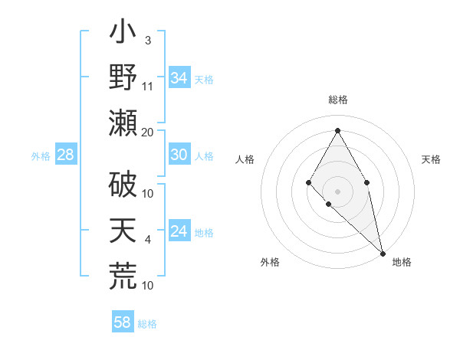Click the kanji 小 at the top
pos(123,34)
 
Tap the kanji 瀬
pos(123,123)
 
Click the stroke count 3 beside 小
pos(147,40)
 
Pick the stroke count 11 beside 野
pos(148,86)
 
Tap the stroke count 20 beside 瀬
pos(148,132)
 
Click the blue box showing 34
pos(179,78)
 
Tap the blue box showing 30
pos(179,155)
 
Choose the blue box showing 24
pos(179,231)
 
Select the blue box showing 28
pos(65,155)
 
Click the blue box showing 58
pos(122,322)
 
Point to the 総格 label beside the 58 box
pos(147,324)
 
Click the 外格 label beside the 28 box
pos(41,156)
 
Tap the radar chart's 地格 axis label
pos(402,262)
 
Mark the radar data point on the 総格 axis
pos(337,130)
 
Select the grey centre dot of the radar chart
pos(337,191)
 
